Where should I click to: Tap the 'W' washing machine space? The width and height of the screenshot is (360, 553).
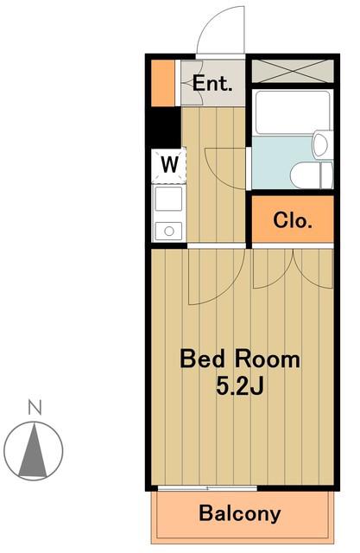click(169, 164)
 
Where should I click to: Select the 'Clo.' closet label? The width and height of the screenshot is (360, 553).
click(293, 220)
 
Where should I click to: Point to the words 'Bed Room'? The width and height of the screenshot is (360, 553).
click(240, 359)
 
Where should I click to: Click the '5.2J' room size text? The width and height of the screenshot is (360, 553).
click(239, 385)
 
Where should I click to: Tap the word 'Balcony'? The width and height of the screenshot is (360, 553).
click(239, 513)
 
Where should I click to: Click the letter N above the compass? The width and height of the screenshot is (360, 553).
click(35, 407)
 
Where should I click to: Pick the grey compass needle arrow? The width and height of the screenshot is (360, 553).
click(34, 451)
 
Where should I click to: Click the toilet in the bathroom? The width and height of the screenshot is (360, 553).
click(313, 175)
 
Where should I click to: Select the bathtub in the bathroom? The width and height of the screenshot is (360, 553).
click(293, 112)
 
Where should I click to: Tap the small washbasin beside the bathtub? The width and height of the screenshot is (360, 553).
click(323, 144)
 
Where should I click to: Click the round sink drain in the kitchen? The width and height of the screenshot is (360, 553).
click(169, 232)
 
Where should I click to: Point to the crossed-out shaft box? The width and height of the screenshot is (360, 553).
click(293, 71)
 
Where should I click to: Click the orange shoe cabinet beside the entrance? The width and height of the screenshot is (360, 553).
click(163, 83)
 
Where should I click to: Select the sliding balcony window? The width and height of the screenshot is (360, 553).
click(207, 488)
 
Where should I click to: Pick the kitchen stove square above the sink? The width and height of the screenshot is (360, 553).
click(169, 199)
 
